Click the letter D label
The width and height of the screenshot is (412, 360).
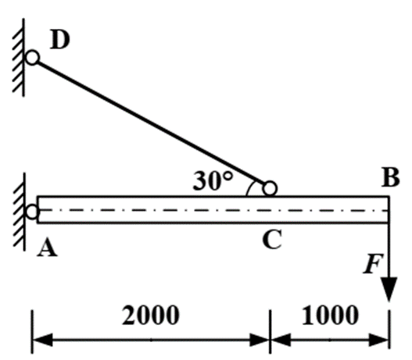click(60, 39)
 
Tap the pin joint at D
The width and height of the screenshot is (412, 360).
click(32, 58)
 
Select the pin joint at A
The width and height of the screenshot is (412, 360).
click(32, 212)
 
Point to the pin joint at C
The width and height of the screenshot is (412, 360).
click(270, 188)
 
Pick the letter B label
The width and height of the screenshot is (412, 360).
click(391, 177)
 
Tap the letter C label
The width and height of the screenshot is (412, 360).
click(272, 239)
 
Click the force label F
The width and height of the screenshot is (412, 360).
click(373, 264)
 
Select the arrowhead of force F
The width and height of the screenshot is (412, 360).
click(389, 289)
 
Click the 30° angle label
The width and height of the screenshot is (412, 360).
click(213, 181)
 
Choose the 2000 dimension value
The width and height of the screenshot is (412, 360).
click(151, 315)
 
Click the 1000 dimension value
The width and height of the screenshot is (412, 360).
click(330, 315)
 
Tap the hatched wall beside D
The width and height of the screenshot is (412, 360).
click(19, 58)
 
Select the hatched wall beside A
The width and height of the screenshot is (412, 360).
click(20, 212)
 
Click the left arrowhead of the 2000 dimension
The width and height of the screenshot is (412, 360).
click(42, 340)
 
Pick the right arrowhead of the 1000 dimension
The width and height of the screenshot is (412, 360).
click(379, 340)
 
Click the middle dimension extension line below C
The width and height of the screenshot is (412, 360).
click(270, 331)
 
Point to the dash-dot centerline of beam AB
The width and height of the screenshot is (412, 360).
click(213, 210)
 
